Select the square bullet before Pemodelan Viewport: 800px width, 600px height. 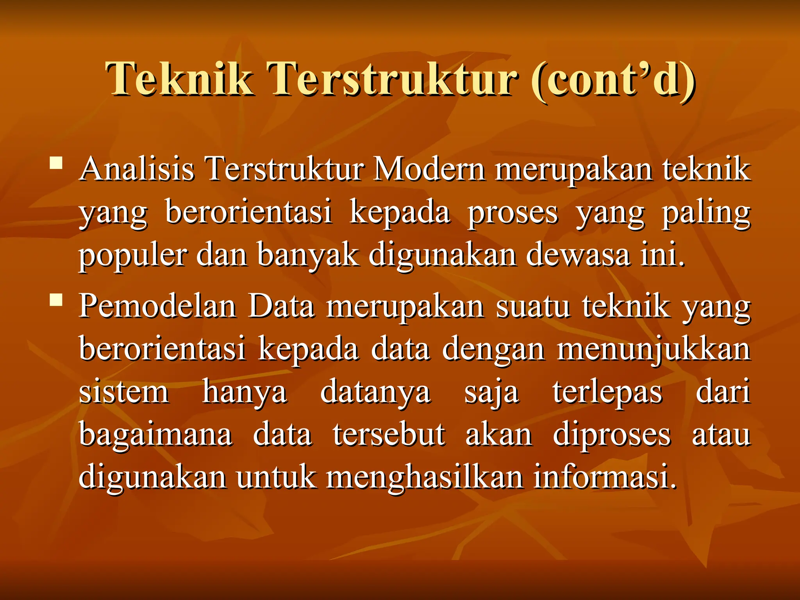(x=56, y=300)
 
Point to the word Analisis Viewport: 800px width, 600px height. (x=137, y=170)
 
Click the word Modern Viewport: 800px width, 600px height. (x=429, y=170)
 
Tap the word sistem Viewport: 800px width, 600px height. (x=124, y=392)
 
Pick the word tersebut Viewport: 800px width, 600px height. (x=389, y=434)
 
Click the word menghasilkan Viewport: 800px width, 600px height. (x=425, y=477)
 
